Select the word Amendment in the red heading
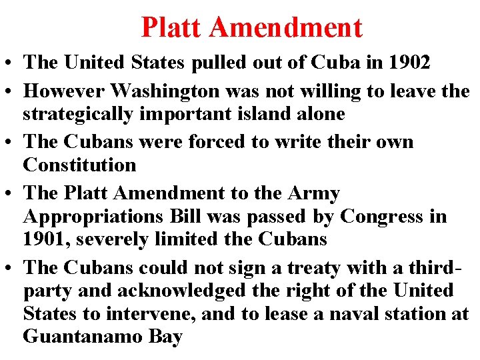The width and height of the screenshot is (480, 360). click(x=286, y=27)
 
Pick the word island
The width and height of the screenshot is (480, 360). click(x=257, y=113)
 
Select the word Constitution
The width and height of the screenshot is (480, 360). click(x=79, y=164)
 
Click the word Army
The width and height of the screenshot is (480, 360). click(x=315, y=193)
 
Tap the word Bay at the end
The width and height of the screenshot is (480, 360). click(x=166, y=337)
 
